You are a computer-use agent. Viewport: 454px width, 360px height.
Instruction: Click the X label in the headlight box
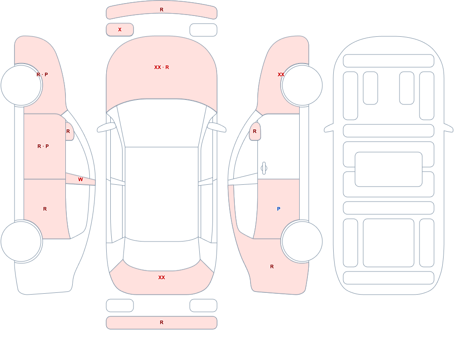pyautogui.click(x=119, y=30)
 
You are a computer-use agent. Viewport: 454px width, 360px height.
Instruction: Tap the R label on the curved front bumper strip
pyautogui.click(x=162, y=10)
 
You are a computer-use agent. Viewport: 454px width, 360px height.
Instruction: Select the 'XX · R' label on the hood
pyautogui.click(x=162, y=67)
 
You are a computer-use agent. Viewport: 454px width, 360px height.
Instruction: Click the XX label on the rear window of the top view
pyautogui.click(x=162, y=277)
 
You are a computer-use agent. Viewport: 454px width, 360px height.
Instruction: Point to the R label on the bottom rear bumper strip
pyautogui.click(x=162, y=322)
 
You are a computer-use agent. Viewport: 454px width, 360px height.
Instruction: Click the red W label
pyautogui.click(x=80, y=180)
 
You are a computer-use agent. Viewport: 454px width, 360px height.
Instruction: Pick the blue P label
pyautogui.click(x=279, y=209)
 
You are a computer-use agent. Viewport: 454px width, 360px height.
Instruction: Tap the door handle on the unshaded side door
pyautogui.click(x=264, y=168)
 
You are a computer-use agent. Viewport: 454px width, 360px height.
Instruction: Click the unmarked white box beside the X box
pyautogui.click(x=203, y=30)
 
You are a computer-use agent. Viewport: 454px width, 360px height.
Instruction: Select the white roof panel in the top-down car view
pyautogui.click(x=162, y=194)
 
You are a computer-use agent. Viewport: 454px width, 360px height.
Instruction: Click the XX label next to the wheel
pyautogui.click(x=281, y=74)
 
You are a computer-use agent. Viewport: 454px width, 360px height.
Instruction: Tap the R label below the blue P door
pyautogui.click(x=272, y=266)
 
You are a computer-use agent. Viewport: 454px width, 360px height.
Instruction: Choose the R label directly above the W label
pyautogui.click(x=68, y=131)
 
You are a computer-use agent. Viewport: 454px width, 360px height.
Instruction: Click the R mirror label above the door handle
pyautogui.click(x=255, y=131)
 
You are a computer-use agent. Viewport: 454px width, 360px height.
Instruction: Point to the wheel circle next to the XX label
pyautogui.click(x=302, y=85)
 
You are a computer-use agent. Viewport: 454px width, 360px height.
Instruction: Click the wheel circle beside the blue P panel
pyautogui.click(x=302, y=241)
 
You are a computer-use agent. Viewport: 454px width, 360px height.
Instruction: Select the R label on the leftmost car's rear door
pyautogui.click(x=45, y=209)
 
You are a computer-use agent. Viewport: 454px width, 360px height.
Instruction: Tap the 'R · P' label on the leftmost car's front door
pyautogui.click(x=43, y=146)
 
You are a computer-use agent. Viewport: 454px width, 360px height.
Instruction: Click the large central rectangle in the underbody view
pyautogui.click(x=389, y=169)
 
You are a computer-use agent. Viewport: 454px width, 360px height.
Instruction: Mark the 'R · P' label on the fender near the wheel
pyautogui.click(x=42, y=74)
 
